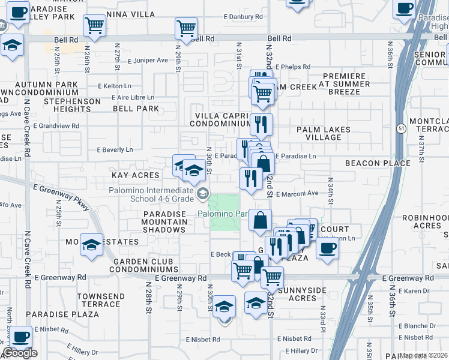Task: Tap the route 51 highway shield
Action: coord(401,128)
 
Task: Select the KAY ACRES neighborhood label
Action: coord(136,175)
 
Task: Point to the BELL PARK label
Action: coord(136,109)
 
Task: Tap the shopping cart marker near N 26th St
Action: coord(94,25)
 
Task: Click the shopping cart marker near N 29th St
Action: coord(186,28)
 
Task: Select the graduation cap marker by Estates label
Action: coord(91,245)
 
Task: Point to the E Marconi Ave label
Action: coord(297,193)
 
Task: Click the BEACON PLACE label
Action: coord(387,163)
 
